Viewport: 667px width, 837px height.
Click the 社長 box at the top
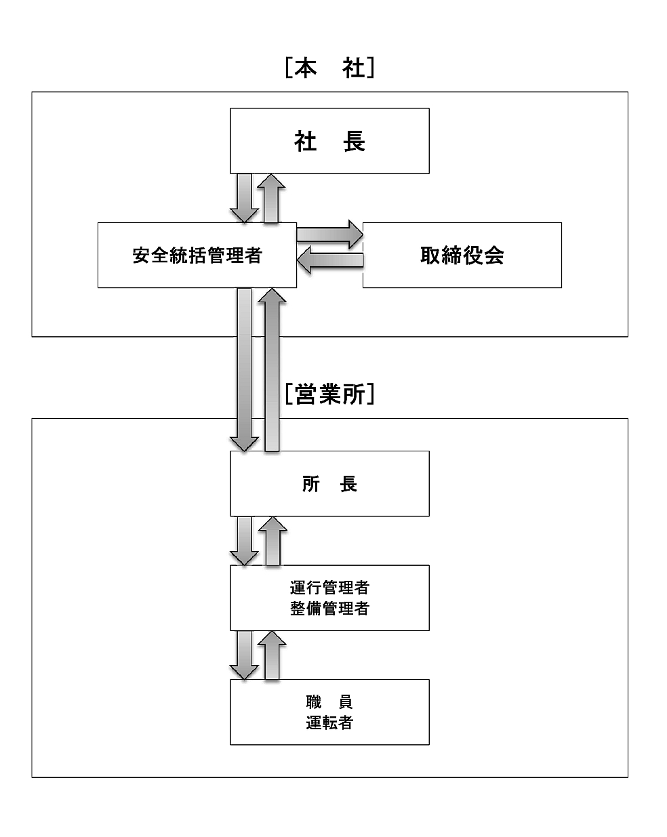(x=329, y=141)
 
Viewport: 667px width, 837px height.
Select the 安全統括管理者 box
(x=197, y=255)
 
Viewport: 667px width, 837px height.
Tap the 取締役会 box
(x=462, y=255)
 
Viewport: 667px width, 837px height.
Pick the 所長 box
(x=329, y=484)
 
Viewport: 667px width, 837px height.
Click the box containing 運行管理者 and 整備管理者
(x=329, y=598)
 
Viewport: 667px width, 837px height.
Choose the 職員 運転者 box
(x=329, y=712)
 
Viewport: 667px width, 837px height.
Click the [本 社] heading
(x=329, y=68)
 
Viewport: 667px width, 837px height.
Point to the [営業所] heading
(x=329, y=394)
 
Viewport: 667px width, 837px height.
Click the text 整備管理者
(x=329, y=609)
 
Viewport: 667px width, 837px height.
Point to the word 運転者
(x=329, y=722)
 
